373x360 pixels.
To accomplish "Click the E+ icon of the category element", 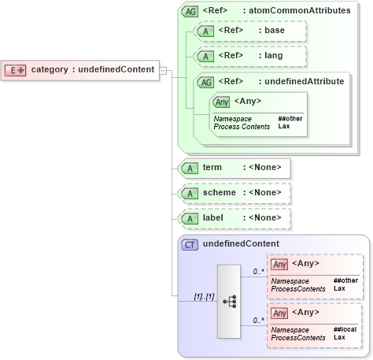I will pyautogui.click(x=16, y=69).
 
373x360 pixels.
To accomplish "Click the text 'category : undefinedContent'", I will pyautogui.click(x=92, y=69).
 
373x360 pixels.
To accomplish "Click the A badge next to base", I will pyautogui.click(x=205, y=32).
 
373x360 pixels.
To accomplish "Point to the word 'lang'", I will pyautogui.click(x=273, y=56).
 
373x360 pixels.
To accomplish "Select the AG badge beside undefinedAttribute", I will pyautogui.click(x=205, y=81).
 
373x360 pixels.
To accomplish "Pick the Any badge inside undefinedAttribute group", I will pyautogui.click(x=221, y=101).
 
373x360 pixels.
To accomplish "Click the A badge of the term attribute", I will pyautogui.click(x=190, y=168).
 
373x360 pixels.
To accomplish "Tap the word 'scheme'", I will pyautogui.click(x=219, y=192).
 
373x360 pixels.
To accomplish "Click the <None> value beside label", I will pyautogui.click(x=263, y=217).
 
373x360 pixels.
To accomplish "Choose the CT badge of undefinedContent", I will pyautogui.click(x=190, y=244).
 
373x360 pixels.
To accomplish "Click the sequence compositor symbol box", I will pyautogui.click(x=229, y=301).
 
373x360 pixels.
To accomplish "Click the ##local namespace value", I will pyautogui.click(x=345, y=329).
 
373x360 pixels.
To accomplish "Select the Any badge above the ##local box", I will pyautogui.click(x=279, y=313).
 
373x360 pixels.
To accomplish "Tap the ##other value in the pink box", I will pyautogui.click(x=345, y=280).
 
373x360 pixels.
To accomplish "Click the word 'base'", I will pyautogui.click(x=274, y=32).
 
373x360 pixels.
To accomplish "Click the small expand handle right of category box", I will pyautogui.click(x=164, y=70).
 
